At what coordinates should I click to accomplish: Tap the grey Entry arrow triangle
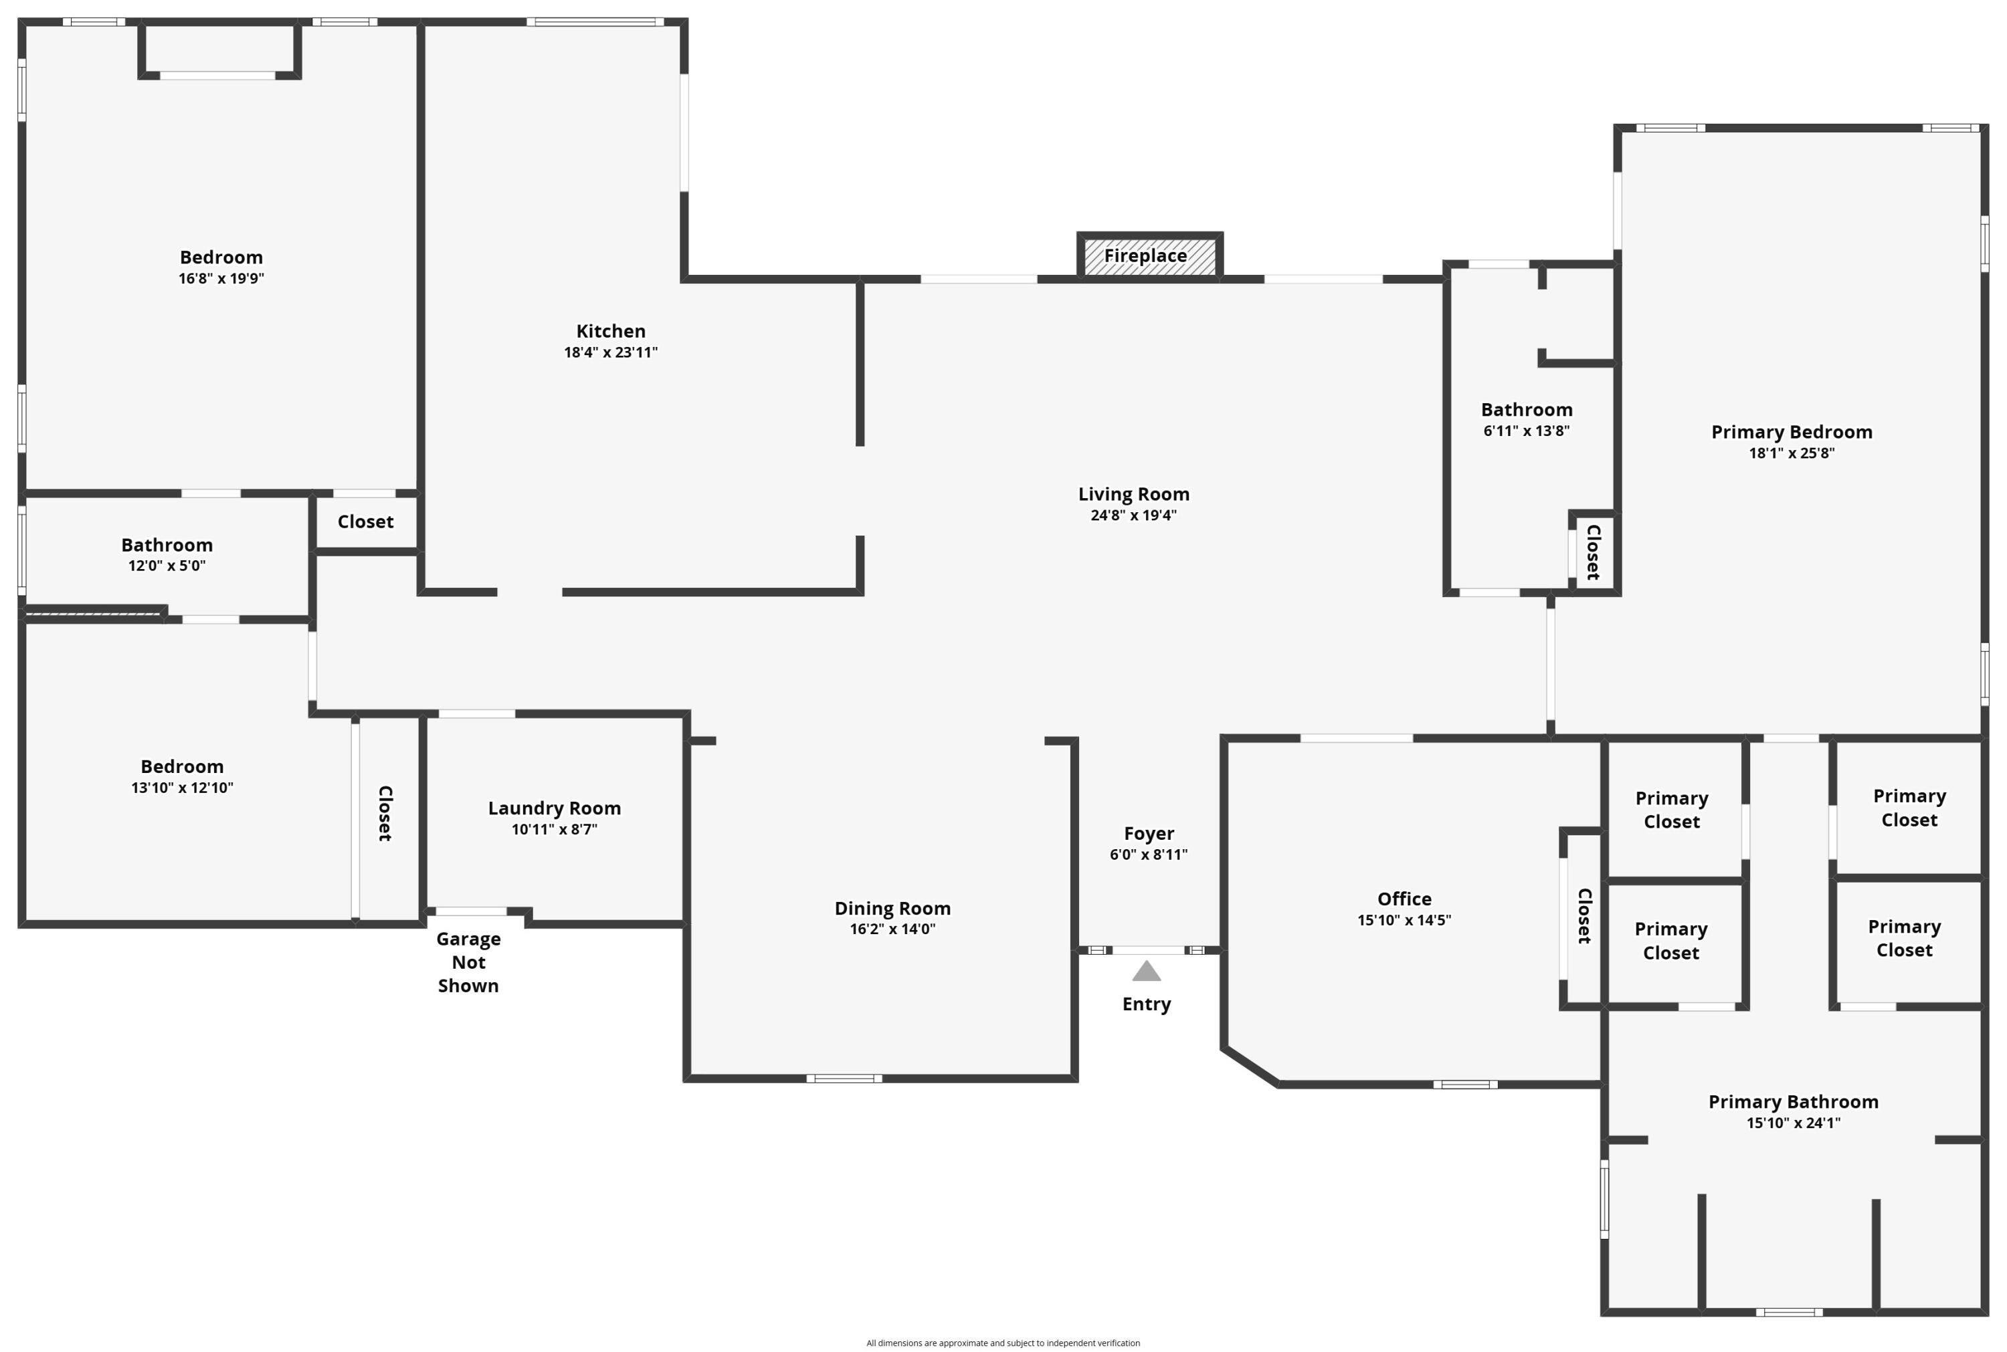coord(1146,971)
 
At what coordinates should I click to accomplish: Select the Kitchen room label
coord(611,331)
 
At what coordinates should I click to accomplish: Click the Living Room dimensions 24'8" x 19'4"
coord(1133,516)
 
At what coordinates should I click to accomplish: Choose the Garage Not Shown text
coord(468,962)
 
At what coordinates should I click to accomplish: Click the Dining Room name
coord(892,909)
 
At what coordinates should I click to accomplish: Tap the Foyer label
coord(1149,834)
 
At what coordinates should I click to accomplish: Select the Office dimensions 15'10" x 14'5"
coord(1404,920)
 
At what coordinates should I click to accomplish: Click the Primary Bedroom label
coord(1792,432)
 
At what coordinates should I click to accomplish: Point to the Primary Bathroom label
coord(1793,1102)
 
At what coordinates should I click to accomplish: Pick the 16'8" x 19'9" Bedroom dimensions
coord(221,279)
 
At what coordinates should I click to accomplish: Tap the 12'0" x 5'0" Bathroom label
coord(167,546)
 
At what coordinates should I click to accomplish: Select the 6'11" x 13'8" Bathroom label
coord(1527,411)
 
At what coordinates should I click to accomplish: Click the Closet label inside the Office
coord(1584,915)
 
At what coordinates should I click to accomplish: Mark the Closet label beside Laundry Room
coord(385,813)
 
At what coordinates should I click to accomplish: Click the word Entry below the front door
coord(1146,1004)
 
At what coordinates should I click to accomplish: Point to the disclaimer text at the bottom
coord(1003,1343)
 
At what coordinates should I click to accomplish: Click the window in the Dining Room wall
coord(844,1079)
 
